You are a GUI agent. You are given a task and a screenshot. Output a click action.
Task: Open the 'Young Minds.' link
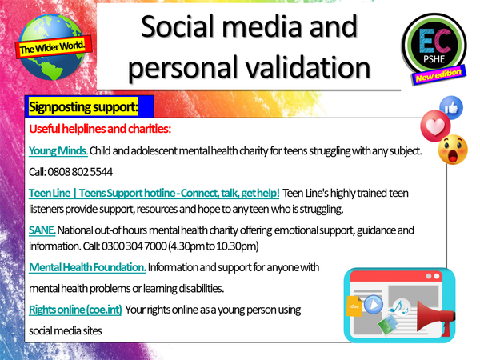tap(58, 150)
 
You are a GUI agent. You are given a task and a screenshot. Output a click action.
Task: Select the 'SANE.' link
tap(42, 230)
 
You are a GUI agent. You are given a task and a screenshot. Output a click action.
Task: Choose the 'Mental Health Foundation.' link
tap(86, 266)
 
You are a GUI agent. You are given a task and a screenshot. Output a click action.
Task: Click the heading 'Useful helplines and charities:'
tap(101, 129)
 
